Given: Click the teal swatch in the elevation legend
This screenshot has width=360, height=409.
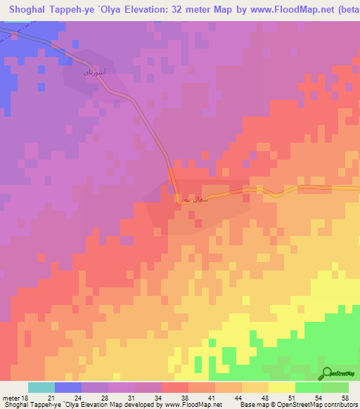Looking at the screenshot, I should click(41, 387).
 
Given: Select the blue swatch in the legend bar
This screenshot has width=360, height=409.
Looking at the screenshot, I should click(68, 387).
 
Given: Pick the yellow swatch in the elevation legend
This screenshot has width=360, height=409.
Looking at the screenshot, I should click(281, 387).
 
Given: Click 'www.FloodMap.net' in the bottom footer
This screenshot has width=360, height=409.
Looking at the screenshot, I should click(192, 405).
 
